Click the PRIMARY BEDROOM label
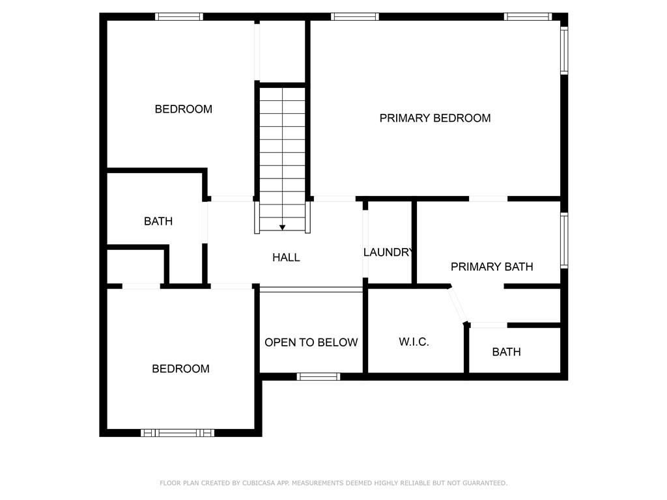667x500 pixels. (x=435, y=118)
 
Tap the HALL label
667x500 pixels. (x=286, y=257)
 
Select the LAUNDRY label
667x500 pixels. (x=388, y=252)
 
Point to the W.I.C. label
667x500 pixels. (x=414, y=342)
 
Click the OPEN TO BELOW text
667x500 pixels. (x=311, y=342)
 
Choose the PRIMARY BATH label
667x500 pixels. (x=492, y=266)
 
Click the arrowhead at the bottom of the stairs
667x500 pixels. (x=282, y=227)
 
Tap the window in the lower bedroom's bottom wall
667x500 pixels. (x=177, y=432)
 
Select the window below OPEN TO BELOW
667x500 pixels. (x=319, y=376)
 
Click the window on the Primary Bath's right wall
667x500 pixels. (x=564, y=240)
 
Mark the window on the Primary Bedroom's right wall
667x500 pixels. (x=564, y=49)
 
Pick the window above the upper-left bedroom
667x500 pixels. (x=178, y=17)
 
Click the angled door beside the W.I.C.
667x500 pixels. (x=457, y=305)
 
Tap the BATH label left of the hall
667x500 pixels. (x=158, y=221)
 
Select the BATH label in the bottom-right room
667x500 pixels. (x=506, y=352)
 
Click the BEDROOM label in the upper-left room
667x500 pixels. (x=183, y=109)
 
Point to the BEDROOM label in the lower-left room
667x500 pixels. (x=180, y=368)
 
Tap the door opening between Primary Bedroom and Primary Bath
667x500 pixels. (x=488, y=199)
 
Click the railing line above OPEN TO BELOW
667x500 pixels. (x=311, y=289)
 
